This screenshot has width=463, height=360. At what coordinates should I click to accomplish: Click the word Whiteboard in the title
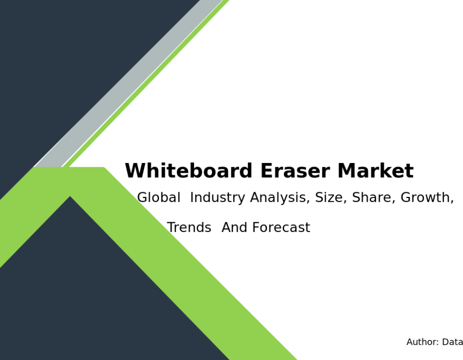pos(188,171)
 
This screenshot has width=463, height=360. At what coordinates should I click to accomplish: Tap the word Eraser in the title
pos(295,171)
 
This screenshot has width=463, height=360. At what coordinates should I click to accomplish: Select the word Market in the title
pos(376,171)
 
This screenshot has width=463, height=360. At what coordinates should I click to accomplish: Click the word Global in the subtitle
pos(159,197)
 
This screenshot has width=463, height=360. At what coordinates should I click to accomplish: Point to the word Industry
pos(218,197)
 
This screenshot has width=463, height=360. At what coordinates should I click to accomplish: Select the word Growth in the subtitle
pos(427,197)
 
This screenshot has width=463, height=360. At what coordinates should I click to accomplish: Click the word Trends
pos(189,227)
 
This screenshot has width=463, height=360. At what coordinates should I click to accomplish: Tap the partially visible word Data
pos(452,342)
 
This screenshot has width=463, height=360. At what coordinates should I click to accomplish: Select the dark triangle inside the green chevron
pos(88,295)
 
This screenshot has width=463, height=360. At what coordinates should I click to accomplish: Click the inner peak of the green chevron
pos(70,196)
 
